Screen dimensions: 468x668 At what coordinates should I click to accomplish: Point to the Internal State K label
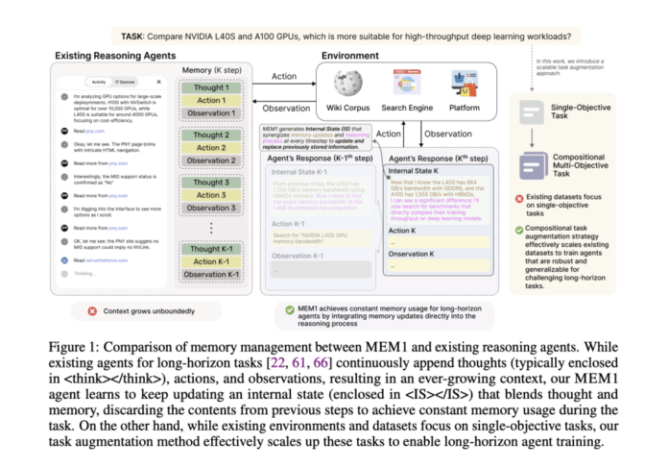pos(418,170)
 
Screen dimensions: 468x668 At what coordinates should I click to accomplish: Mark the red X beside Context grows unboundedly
pos(92,310)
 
